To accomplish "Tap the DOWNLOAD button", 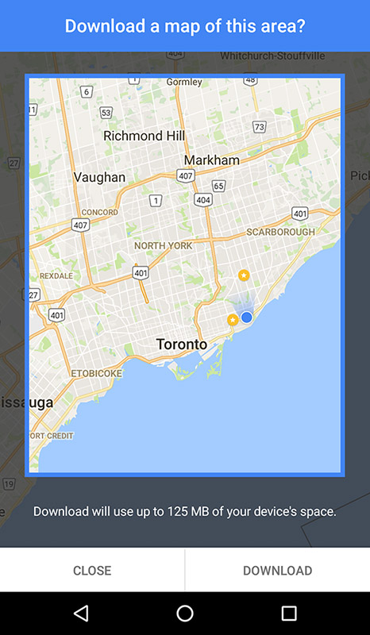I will [277, 570].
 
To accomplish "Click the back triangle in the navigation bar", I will [81, 613].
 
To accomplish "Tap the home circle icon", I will [185, 613].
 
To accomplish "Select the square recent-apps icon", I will [289, 613].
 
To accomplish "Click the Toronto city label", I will [181, 344].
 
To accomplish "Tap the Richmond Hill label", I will [145, 136].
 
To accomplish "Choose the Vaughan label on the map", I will [99, 177].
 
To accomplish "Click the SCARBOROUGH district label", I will [280, 232].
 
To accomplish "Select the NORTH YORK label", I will [164, 246].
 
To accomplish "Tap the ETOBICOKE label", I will [97, 372].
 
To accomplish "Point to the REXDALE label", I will [56, 275].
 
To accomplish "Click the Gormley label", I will [184, 82].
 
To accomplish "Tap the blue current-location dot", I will [246, 317].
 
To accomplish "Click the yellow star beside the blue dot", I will [233, 320].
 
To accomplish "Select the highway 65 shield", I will [219, 186].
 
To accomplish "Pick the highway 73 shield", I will [259, 127].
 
